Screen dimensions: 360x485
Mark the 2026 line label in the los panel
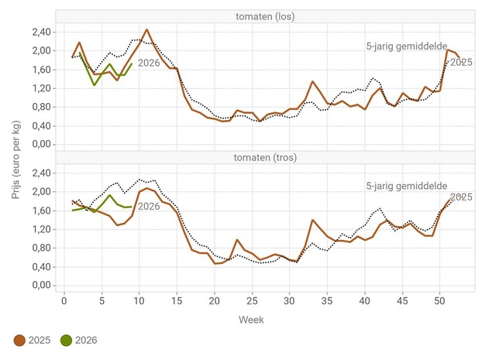[149, 63]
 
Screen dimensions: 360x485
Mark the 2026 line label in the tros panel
[149, 206]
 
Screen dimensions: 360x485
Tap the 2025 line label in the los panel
[461, 62]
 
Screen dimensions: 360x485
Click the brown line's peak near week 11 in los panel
[146, 30]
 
